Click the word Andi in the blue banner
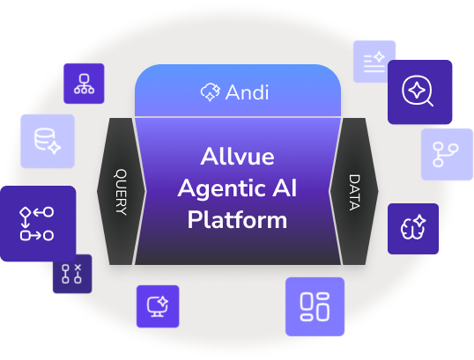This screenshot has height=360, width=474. (247, 92)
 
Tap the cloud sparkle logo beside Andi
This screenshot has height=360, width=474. (210, 92)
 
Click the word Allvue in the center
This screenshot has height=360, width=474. (237, 157)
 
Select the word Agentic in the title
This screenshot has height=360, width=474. (222, 188)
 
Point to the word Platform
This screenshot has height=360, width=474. (237, 220)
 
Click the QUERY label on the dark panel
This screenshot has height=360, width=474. (121, 192)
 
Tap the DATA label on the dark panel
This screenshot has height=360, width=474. (354, 192)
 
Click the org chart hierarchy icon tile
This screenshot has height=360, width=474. (84, 84)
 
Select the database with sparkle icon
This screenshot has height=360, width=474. (48, 141)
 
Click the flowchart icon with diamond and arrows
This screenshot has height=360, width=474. (37, 224)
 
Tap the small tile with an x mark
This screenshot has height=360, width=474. (72, 274)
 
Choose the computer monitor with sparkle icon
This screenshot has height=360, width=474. (158, 306)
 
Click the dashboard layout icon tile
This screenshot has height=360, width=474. (315, 306)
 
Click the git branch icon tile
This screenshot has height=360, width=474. (447, 154)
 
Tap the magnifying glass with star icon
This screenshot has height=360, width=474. (418, 91)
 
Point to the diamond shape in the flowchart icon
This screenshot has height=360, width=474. (25, 212)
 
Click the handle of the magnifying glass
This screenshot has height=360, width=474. (430, 103)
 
